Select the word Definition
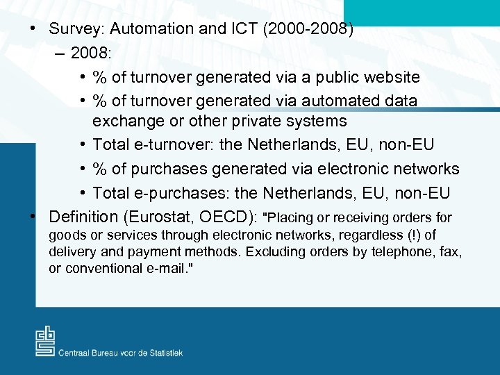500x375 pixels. tap(83, 216)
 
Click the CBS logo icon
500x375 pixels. tap(45, 341)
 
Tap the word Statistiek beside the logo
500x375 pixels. tap(161, 353)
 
